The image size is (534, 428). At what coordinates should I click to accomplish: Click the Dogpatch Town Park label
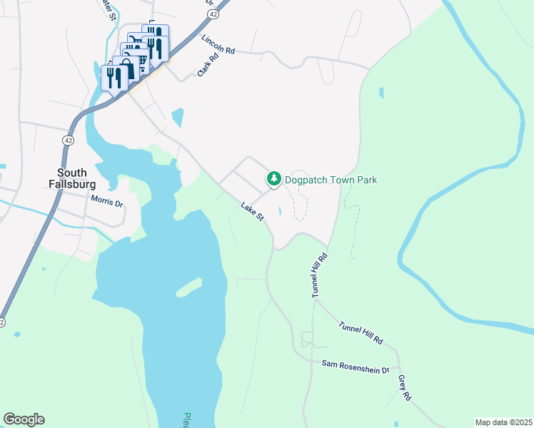pyautogui.click(x=330, y=180)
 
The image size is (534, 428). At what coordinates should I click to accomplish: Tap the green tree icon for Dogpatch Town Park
pyautogui.click(x=273, y=179)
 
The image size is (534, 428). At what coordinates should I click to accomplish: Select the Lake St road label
pyautogui.click(x=253, y=212)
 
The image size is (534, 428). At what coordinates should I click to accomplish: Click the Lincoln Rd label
pyautogui.click(x=218, y=45)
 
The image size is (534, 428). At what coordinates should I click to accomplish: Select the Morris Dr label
pyautogui.click(x=107, y=202)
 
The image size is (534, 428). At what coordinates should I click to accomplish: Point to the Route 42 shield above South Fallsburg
pyautogui.click(x=67, y=141)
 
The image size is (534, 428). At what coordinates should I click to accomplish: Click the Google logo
pyautogui.click(x=24, y=419)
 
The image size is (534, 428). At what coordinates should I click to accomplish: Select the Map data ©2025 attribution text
pyautogui.click(x=503, y=422)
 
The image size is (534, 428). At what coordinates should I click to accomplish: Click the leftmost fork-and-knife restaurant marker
pyautogui.click(x=114, y=77)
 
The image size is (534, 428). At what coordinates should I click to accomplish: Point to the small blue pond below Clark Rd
pyautogui.click(x=177, y=115)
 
